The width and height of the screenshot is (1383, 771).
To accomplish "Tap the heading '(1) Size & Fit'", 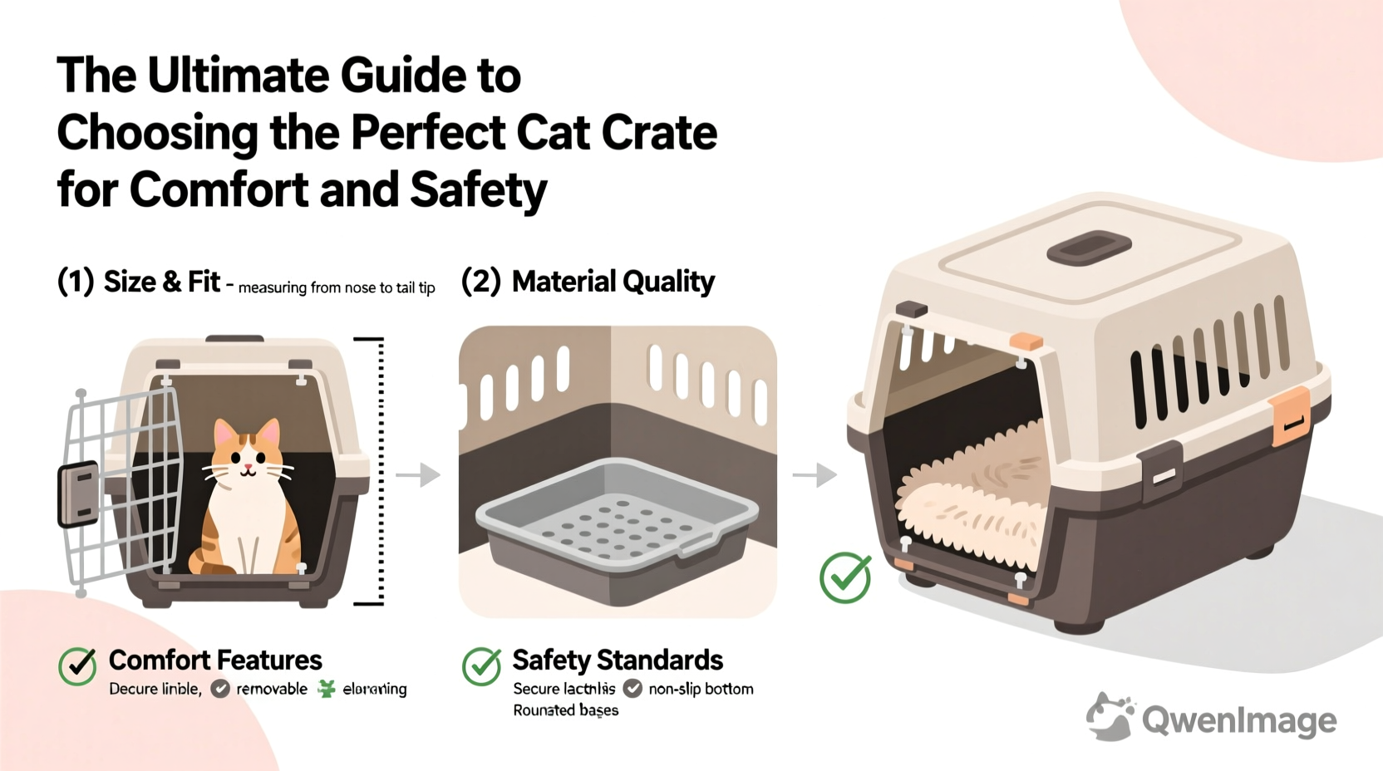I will tap(139, 282).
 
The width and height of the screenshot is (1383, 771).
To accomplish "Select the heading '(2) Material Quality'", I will tap(588, 282).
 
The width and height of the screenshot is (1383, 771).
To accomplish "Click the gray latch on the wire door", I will tap(77, 494).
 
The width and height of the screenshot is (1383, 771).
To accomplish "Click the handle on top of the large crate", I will tap(1089, 248).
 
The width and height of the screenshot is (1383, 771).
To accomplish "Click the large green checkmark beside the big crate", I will tap(845, 577).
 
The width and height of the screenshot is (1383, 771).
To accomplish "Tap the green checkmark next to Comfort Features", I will tap(78, 665).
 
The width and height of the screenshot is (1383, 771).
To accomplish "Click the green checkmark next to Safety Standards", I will tap(482, 665).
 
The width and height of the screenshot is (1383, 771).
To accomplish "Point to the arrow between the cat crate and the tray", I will tap(418, 475).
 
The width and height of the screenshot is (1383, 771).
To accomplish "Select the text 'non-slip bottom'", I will tap(701, 689).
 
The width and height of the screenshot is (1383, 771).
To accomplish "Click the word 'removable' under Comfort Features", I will tap(272, 689).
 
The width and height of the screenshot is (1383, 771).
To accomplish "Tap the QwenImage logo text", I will tap(1238, 719).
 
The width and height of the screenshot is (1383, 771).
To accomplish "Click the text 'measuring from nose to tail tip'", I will tap(337, 288).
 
